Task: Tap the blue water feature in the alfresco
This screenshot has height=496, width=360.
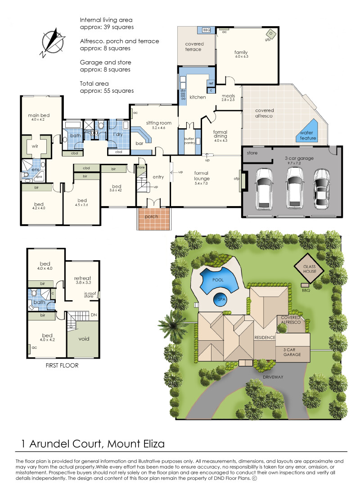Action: click(308, 131)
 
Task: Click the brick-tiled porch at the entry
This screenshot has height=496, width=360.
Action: click(154, 219)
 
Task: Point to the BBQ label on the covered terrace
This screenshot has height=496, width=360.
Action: click(206, 30)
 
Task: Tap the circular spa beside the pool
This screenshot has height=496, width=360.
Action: click(221, 299)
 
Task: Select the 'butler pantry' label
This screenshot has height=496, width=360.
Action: click(189, 141)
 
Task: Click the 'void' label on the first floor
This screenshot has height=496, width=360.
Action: click(84, 339)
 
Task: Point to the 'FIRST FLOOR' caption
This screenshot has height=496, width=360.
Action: click(62, 365)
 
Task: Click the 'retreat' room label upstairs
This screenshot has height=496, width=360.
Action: click(82, 278)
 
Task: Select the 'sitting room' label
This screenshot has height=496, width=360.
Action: click(159, 123)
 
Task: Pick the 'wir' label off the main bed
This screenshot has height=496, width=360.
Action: click(35, 146)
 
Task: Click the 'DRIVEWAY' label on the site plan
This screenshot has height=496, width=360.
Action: click(273, 377)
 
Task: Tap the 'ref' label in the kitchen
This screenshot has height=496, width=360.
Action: click(211, 84)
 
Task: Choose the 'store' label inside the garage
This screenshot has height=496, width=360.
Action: click(252, 153)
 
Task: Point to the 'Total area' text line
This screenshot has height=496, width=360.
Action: click(94, 84)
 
